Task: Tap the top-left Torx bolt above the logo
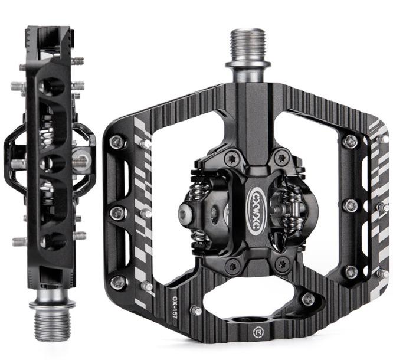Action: [231, 159]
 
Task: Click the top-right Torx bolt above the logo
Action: [281, 158]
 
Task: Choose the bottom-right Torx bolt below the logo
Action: [281, 263]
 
